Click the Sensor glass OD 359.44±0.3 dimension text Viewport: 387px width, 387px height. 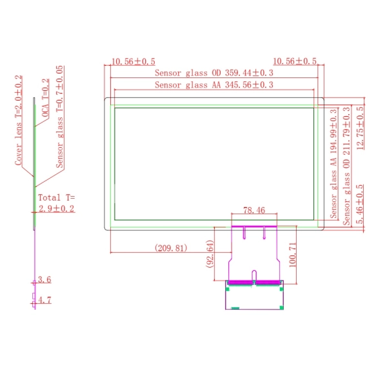[214, 73]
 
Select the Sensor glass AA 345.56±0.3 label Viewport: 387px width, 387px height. [214, 85]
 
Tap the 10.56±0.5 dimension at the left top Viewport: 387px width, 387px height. [134, 61]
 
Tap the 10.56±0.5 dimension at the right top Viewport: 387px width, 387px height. [295, 61]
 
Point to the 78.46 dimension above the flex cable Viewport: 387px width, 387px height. [254, 210]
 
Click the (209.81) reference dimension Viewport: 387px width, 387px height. [171, 248]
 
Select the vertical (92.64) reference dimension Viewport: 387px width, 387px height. [210, 253]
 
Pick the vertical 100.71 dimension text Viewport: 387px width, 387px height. [292, 255]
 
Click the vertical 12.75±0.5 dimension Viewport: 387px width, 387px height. [360, 128]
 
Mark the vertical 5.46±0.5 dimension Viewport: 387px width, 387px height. [360, 204]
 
